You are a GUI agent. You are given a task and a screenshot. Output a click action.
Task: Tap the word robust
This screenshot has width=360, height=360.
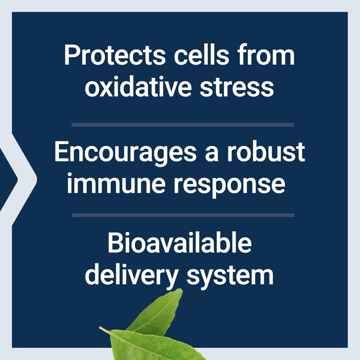tap(265, 153)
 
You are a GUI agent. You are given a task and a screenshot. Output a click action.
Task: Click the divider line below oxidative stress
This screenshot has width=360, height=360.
tap(183, 124)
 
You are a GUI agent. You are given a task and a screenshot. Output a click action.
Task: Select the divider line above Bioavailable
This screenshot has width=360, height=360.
tap(183, 215)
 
